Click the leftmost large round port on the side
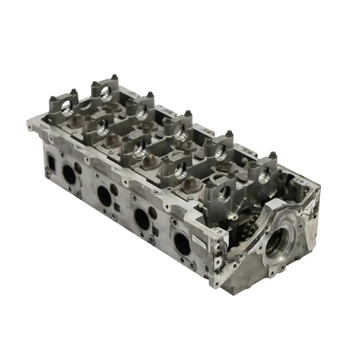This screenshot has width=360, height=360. pyautogui.click(x=69, y=174)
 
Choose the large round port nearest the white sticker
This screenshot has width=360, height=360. pyautogui.click(x=182, y=244)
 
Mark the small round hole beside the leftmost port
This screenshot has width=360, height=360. pyautogui.click(x=79, y=168)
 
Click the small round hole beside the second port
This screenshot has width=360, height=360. pyautogui.click(x=114, y=189)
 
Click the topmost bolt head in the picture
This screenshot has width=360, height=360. pyautogui.click(x=114, y=76)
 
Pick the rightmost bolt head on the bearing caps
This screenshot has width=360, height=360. pyautogui.click(x=273, y=154)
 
